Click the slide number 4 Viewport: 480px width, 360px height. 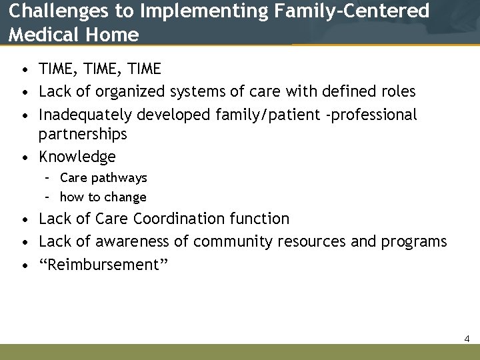pos(467,339)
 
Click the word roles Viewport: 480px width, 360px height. pos(396,91)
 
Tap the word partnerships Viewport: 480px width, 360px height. pos(83,134)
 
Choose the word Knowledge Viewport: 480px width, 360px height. pos(77,157)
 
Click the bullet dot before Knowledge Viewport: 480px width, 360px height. pos(24,157)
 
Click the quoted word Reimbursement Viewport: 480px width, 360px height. pos(103,265)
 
